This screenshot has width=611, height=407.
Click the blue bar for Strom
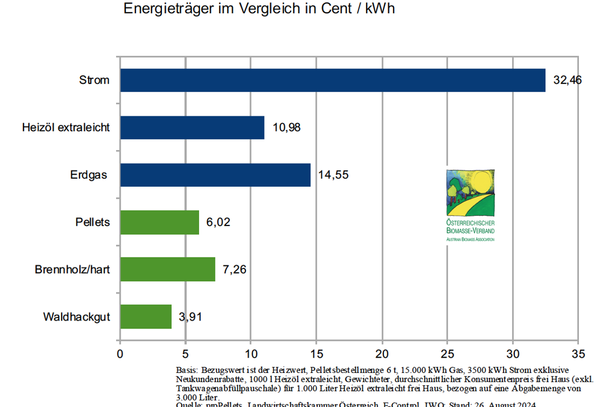332,80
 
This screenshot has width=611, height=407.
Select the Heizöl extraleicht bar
192,128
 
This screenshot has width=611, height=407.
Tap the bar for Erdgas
215,175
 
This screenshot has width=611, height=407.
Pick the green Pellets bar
159,222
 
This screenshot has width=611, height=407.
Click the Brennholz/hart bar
168,269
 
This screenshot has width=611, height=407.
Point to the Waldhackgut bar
146,316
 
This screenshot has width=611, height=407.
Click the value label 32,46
567,80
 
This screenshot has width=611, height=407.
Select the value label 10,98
287,128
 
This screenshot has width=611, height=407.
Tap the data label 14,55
334,175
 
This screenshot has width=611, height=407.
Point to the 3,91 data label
190,317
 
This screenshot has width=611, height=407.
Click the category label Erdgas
89,175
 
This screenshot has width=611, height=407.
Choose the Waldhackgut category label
76,317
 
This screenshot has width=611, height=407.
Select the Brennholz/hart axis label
72,270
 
